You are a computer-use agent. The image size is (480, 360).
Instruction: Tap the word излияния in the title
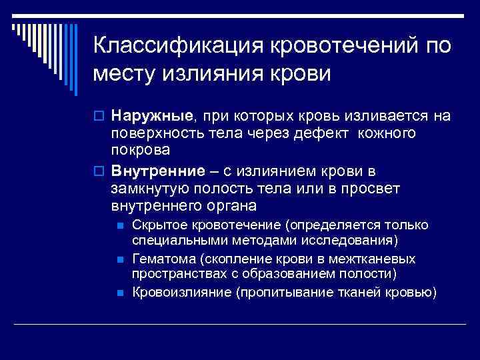tap(215, 73)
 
